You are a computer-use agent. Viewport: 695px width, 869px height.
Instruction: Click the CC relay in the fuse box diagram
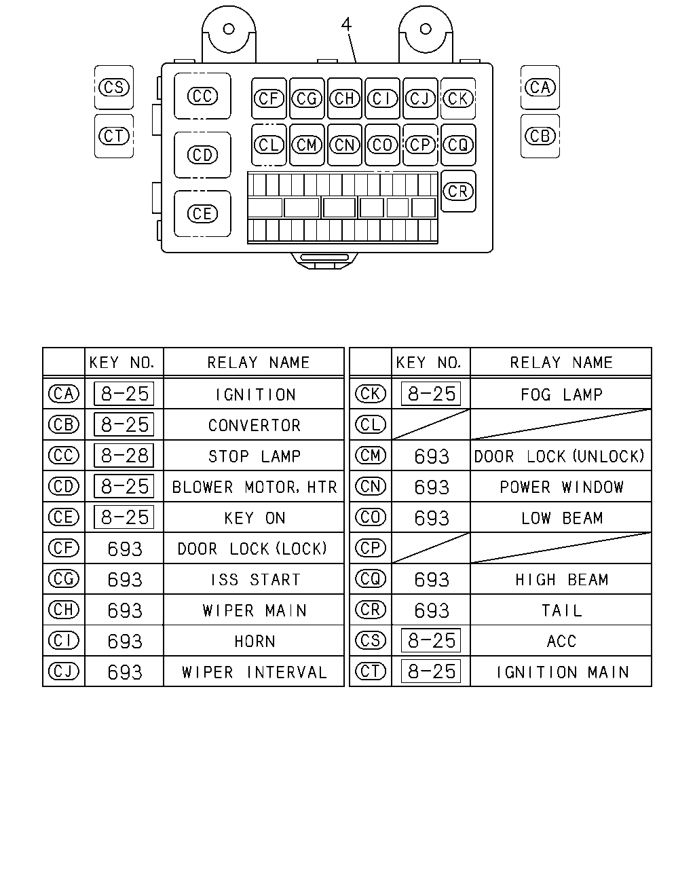pos(202,96)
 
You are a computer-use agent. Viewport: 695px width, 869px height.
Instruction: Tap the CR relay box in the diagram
pos(458,191)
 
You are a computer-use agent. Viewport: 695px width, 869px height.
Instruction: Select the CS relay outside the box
pos(114,87)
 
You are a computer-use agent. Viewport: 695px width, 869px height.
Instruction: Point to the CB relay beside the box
pos(540,136)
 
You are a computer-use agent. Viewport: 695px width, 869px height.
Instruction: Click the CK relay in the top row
pos(458,98)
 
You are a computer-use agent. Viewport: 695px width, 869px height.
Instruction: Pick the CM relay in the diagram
pos(307,145)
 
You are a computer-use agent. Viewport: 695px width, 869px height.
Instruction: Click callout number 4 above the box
pos(346,24)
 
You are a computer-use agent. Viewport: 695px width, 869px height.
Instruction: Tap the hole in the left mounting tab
pos(229,29)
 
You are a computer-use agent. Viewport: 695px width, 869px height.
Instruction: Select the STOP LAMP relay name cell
pos(255,456)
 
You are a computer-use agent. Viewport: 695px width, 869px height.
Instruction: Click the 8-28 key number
pos(124,456)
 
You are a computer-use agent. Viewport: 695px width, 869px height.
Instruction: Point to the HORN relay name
pos(255,642)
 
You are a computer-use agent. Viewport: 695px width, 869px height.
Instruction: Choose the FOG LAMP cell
pos(561,394)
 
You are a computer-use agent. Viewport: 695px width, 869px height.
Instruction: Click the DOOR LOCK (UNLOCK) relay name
pos(559,456)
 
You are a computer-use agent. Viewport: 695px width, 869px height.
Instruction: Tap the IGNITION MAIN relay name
pos(562,672)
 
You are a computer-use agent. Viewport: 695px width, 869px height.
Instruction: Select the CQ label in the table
pos(371,579)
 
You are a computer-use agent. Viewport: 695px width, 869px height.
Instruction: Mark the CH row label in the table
pos(64,610)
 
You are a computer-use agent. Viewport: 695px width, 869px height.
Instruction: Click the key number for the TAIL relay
pos(431,610)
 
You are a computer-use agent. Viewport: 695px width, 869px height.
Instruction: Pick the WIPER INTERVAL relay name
pos(255,672)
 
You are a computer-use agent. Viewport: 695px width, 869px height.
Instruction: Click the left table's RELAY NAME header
pos(259,363)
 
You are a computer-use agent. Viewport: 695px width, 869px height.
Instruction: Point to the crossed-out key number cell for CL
pos(431,424)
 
